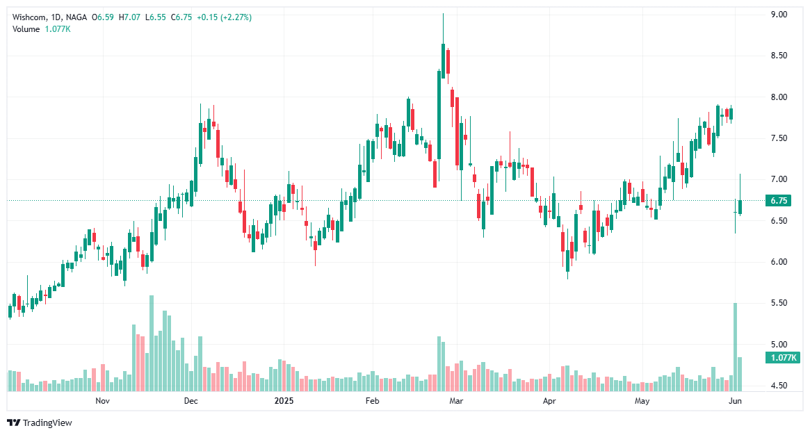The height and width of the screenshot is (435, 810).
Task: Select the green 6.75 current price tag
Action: (779, 201)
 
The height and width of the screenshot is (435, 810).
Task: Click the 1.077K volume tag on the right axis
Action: (782, 358)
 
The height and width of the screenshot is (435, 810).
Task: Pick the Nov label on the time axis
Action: (102, 401)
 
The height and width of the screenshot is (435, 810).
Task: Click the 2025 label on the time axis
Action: (284, 401)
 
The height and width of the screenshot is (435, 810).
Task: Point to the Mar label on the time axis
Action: (456, 401)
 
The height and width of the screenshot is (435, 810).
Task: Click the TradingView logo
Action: (40, 422)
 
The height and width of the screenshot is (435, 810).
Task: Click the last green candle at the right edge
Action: (740, 206)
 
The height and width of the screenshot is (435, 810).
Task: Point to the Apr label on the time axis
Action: (549, 401)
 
